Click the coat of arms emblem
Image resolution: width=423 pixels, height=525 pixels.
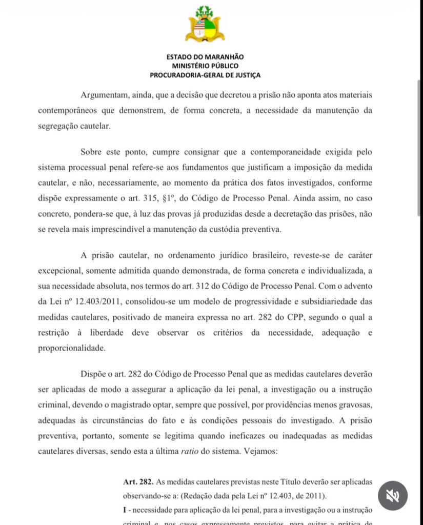coord(205,24)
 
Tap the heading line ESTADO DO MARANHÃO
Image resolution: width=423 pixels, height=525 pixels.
coord(205,57)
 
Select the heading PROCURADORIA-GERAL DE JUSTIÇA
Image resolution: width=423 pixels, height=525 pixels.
coord(205,75)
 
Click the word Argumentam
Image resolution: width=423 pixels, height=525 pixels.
coord(106,96)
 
